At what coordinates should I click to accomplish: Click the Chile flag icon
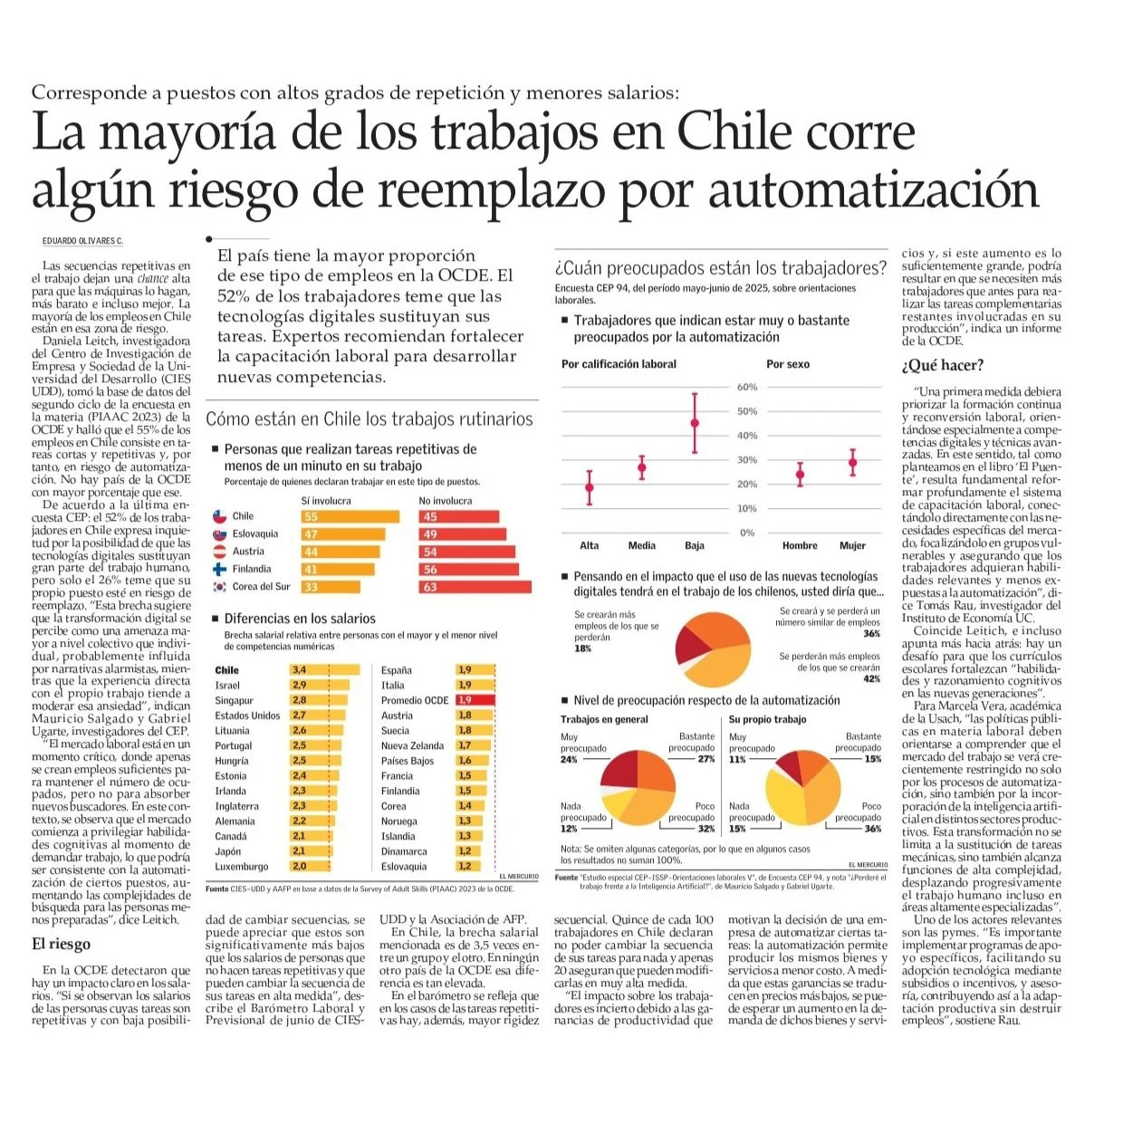[218, 516]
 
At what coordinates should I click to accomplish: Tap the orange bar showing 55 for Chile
[350, 516]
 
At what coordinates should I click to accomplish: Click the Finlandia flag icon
[218, 570]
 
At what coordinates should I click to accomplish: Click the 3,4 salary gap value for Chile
[299, 670]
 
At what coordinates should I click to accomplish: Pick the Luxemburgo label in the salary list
[242, 867]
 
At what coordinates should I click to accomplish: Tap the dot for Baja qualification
[695, 423]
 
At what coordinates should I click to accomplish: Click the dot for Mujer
[852, 462]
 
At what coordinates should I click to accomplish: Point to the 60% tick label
[747, 387]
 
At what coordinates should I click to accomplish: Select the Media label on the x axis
[641, 545]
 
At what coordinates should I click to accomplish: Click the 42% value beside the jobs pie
[871, 679]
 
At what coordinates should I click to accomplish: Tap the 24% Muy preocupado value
[569, 759]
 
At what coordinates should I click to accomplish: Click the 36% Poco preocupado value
[872, 829]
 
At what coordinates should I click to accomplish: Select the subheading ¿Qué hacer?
[942, 366]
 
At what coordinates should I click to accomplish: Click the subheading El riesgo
[62, 944]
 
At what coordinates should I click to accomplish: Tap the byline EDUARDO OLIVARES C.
[82, 241]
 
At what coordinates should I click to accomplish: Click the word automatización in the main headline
[873, 191]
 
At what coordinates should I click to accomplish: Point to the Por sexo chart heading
[788, 364]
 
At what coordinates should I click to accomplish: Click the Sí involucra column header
[326, 501]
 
